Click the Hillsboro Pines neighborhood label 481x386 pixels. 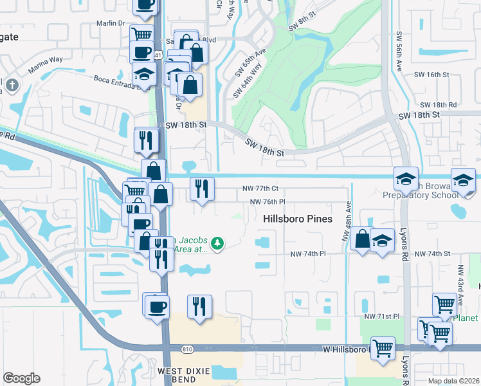coord(298,219)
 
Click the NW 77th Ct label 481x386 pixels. coord(260,188)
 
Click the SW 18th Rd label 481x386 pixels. coord(438,104)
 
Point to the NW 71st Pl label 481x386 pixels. coord(382,317)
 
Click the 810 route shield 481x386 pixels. coord(187,349)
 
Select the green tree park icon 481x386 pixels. coord(218,243)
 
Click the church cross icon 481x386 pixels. coord(12,84)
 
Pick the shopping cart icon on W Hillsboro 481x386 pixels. coord(383,348)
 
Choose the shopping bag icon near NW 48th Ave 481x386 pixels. coord(363,239)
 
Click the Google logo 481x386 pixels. coord(21,378)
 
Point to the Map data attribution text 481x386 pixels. coord(453,380)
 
